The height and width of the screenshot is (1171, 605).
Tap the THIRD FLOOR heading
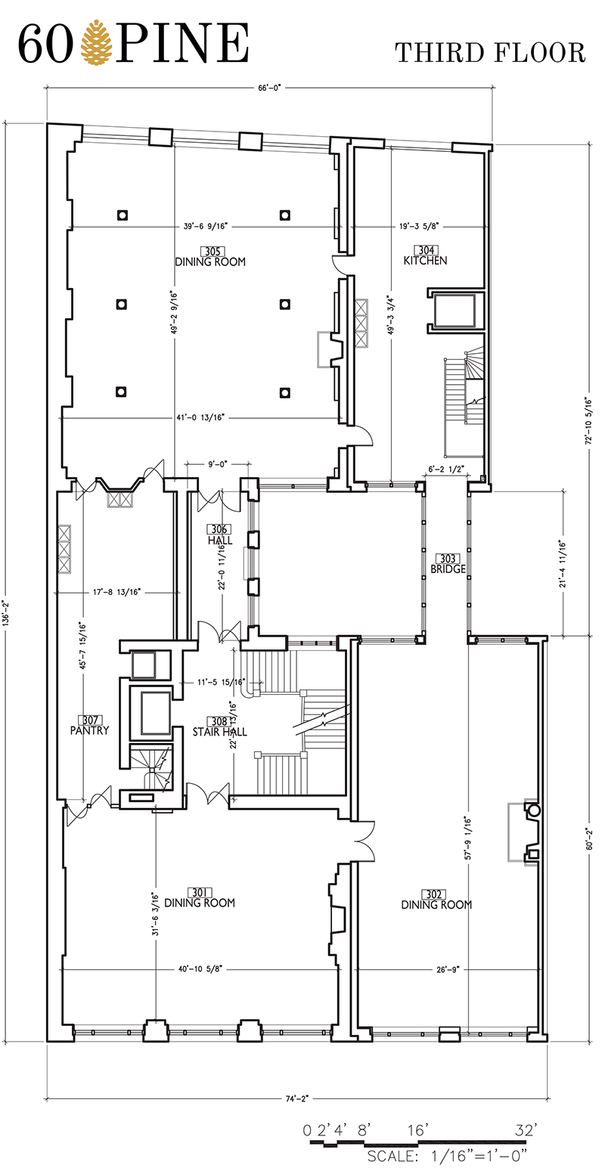pyautogui.click(x=490, y=54)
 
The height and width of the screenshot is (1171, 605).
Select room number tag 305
pyautogui.click(x=213, y=252)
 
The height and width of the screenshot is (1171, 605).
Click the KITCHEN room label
pyautogui.click(x=425, y=260)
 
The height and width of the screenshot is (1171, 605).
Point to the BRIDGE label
pyautogui.click(x=448, y=568)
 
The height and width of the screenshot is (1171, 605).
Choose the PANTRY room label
pyautogui.click(x=89, y=730)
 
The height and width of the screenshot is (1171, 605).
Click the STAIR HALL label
pyautogui.click(x=219, y=732)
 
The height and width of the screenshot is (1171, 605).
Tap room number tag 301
pyautogui.click(x=198, y=892)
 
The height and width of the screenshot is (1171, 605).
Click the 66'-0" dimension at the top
pyautogui.click(x=269, y=88)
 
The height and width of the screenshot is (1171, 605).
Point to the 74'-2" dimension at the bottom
pyautogui.click(x=297, y=1098)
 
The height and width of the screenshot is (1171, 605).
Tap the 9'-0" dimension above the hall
pyautogui.click(x=218, y=463)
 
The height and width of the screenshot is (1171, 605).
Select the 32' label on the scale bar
pyautogui.click(x=526, y=1129)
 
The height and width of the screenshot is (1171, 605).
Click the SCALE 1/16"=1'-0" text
pyautogui.click(x=447, y=1155)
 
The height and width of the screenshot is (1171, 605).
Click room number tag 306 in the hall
pyautogui.click(x=219, y=529)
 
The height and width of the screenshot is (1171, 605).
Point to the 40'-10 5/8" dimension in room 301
pyautogui.click(x=200, y=968)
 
